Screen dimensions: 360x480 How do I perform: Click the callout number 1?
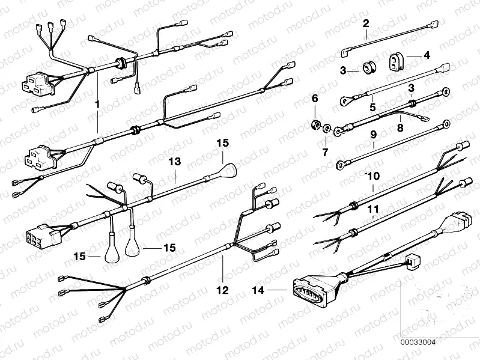[x=96, y=103]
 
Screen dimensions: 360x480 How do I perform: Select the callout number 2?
[x=366, y=24]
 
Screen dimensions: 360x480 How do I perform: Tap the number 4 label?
[x=427, y=55]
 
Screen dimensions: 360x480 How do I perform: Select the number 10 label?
[x=372, y=175]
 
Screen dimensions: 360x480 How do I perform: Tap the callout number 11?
[x=373, y=209]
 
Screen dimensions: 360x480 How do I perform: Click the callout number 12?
[x=223, y=290]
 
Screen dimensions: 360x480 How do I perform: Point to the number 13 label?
[x=174, y=162]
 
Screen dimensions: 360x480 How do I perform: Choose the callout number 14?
[x=259, y=290]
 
